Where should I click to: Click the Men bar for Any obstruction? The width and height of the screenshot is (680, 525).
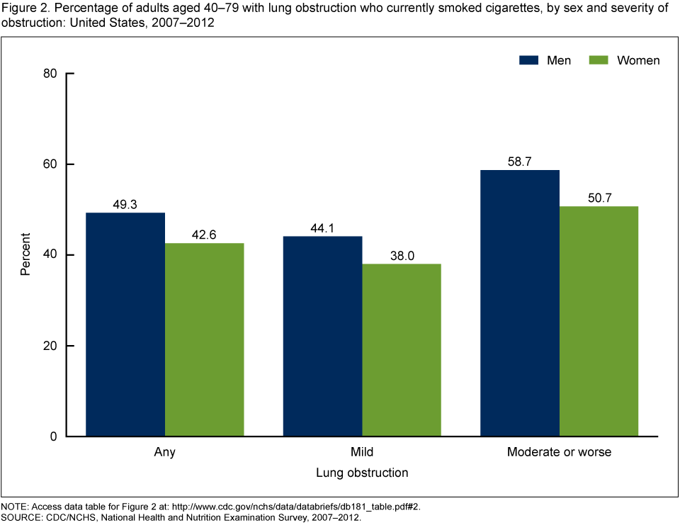pyautogui.click(x=125, y=324)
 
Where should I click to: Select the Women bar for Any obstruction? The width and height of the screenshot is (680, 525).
pyautogui.click(x=204, y=339)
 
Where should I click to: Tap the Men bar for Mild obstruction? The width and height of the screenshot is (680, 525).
pyautogui.click(x=322, y=336)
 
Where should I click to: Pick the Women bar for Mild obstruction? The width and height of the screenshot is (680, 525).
pyautogui.click(x=401, y=350)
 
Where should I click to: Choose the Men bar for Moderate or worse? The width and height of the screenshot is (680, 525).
pyautogui.click(x=519, y=303)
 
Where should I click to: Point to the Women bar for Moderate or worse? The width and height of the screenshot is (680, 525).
pyautogui.click(x=599, y=321)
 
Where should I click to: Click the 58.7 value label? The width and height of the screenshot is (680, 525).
pyautogui.click(x=519, y=162)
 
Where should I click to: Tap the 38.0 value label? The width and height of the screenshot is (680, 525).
pyautogui.click(x=401, y=256)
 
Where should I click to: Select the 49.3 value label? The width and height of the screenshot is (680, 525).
pyautogui.click(x=125, y=205)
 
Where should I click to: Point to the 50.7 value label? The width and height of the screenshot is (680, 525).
pyautogui.click(x=599, y=198)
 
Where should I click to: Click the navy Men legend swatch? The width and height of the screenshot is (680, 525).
pyautogui.click(x=529, y=60)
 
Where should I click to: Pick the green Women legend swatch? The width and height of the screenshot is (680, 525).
pyautogui.click(x=599, y=60)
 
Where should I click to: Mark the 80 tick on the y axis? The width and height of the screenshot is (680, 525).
pyautogui.click(x=50, y=74)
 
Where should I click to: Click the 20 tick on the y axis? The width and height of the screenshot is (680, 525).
pyautogui.click(x=50, y=346)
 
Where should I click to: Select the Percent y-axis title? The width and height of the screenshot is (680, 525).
pyautogui.click(x=25, y=255)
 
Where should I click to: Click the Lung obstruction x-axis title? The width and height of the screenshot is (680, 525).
pyautogui.click(x=362, y=472)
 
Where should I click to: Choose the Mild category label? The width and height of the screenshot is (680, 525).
pyautogui.click(x=362, y=451)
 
